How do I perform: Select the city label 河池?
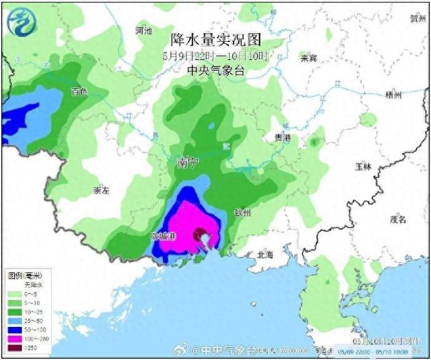[144, 31]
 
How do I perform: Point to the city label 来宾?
[308, 58]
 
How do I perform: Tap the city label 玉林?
[364, 165]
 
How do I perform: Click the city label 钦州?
[242, 213]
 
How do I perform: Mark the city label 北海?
[265, 254]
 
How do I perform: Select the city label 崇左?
[101, 191]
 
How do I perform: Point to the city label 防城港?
[162, 237]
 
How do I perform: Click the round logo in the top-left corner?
[22, 20]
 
